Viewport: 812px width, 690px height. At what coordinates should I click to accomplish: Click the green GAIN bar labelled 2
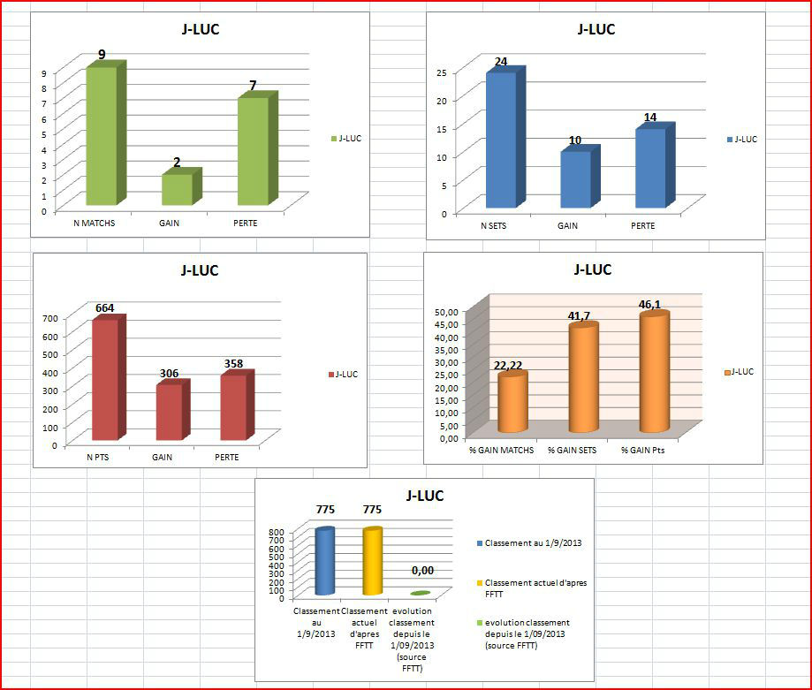coord(177,189)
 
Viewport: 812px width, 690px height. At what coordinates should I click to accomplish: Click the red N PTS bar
coord(104,380)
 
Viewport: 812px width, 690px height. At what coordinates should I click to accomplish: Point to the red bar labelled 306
coord(169,412)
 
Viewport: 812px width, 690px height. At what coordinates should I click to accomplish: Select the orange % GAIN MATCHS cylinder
coord(512,404)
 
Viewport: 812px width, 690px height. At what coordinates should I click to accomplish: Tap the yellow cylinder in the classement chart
coord(372,562)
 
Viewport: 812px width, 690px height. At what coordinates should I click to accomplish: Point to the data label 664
coord(104,307)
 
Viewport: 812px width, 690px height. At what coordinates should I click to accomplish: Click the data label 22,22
coord(511,367)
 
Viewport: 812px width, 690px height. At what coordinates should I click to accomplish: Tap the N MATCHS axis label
coord(94,223)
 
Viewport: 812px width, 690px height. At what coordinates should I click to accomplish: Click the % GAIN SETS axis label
coord(572,451)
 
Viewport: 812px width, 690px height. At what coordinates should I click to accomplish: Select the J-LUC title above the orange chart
coord(593,269)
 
